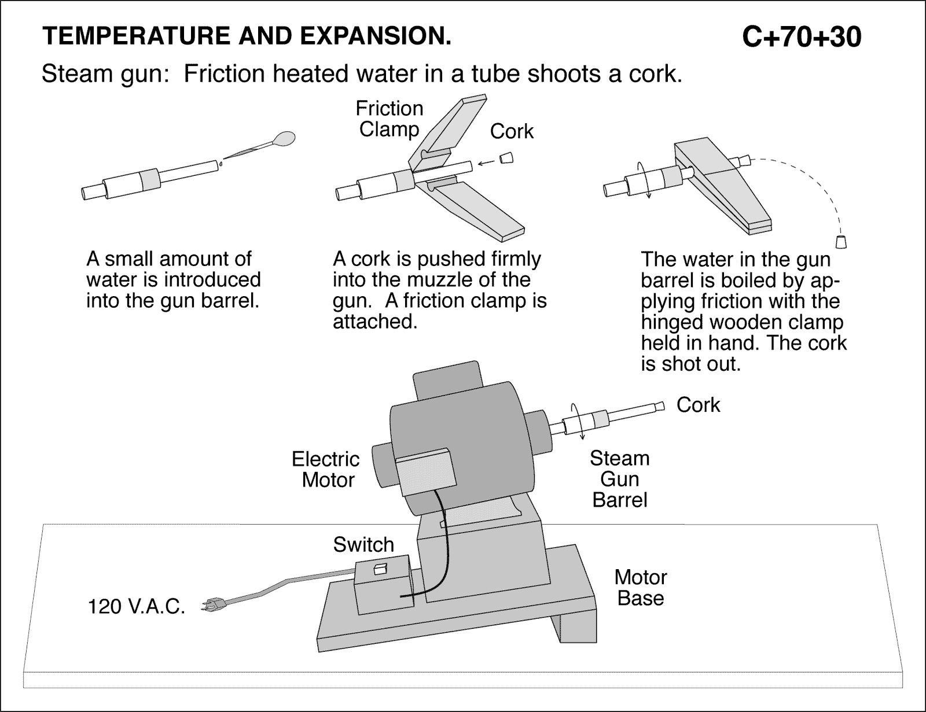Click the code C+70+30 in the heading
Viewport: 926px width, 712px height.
pyautogui.click(x=802, y=38)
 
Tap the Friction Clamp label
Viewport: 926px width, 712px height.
pyautogui.click(x=389, y=119)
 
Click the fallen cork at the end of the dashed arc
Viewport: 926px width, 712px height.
pyautogui.click(x=840, y=240)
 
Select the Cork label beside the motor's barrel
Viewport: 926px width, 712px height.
pyautogui.click(x=698, y=405)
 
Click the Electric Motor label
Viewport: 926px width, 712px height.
pyautogui.click(x=326, y=469)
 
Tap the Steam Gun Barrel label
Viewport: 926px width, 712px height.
pyautogui.click(x=620, y=479)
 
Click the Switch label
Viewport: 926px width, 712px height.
pyautogui.click(x=363, y=544)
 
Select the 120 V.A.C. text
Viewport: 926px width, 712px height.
pyautogui.click(x=136, y=607)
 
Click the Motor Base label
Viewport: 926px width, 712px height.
pyautogui.click(x=641, y=587)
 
